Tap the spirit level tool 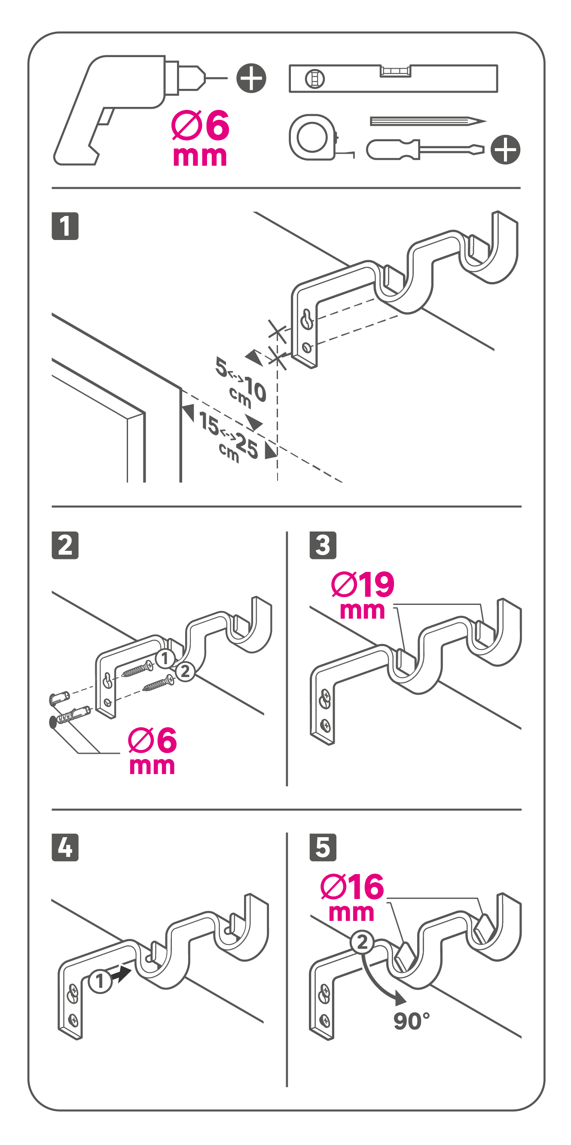pyautogui.click(x=393, y=78)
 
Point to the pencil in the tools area pyautogui.click(x=428, y=121)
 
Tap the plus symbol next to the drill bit pyautogui.click(x=251, y=78)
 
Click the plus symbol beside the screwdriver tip pyautogui.click(x=506, y=149)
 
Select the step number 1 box pyautogui.click(x=65, y=226)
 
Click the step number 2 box pyautogui.click(x=65, y=545)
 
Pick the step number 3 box pyautogui.click(x=323, y=545)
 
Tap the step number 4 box pyautogui.click(x=65, y=847)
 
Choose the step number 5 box pyautogui.click(x=323, y=847)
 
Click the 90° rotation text pyautogui.click(x=412, y=1021)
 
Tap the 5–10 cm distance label pyautogui.click(x=241, y=382)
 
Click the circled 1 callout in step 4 pyautogui.click(x=100, y=981)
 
